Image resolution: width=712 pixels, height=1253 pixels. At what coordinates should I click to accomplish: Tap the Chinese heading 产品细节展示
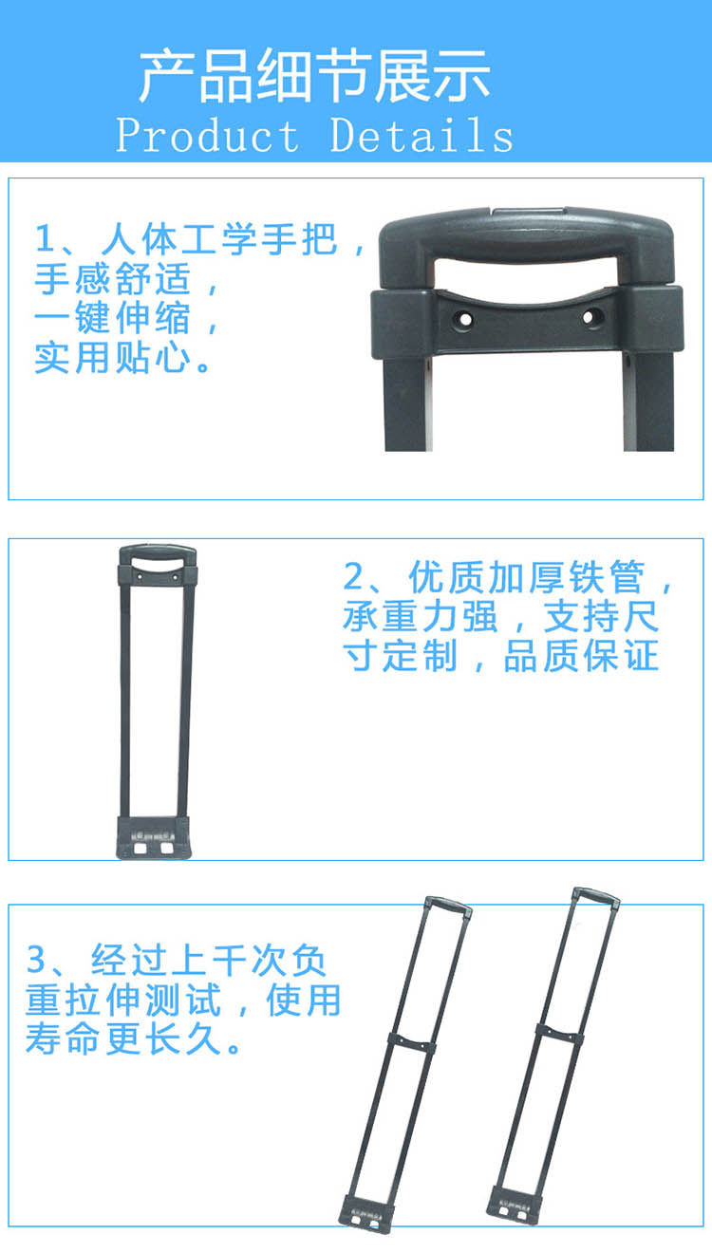tap(314, 76)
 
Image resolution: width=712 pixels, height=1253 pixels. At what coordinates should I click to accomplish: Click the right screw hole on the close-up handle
tap(590, 316)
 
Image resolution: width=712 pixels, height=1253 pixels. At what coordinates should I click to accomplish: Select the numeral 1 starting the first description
tap(42, 238)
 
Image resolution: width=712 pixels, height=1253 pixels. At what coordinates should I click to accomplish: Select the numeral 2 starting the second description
tap(353, 577)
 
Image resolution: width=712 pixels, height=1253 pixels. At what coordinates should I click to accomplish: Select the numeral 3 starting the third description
tap(36, 960)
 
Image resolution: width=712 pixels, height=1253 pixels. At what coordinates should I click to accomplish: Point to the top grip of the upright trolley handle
tap(158, 552)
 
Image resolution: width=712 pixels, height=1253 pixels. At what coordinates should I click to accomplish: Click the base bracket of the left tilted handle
tap(365, 1216)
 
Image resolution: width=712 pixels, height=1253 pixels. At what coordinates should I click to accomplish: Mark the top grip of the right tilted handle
tap(596, 894)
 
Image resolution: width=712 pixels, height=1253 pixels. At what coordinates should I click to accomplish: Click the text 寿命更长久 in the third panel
tap(125, 1039)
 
